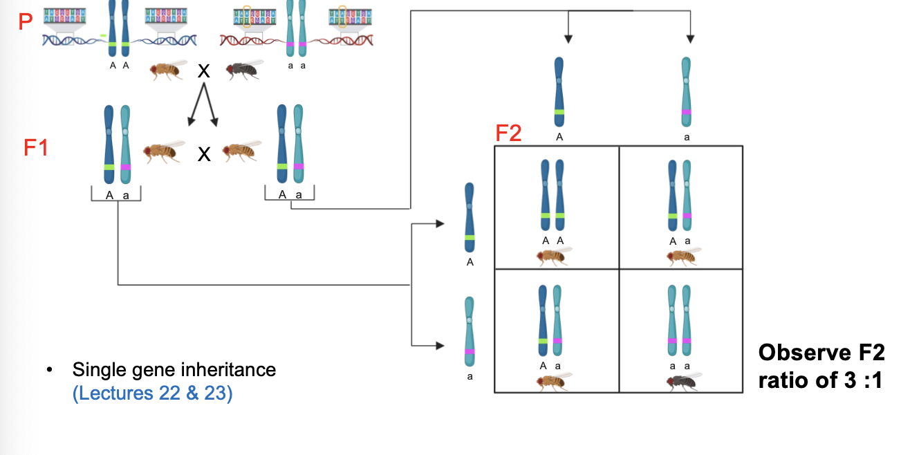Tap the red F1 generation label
[36, 147]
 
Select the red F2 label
[509, 133]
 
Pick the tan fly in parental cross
[169, 70]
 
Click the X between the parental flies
[204, 71]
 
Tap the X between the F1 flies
[204, 154]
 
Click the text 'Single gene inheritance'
[174, 370]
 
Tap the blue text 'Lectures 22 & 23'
[152, 396]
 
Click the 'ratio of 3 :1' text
[820, 380]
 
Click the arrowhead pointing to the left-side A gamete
[440, 223]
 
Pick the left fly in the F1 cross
[163, 150]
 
